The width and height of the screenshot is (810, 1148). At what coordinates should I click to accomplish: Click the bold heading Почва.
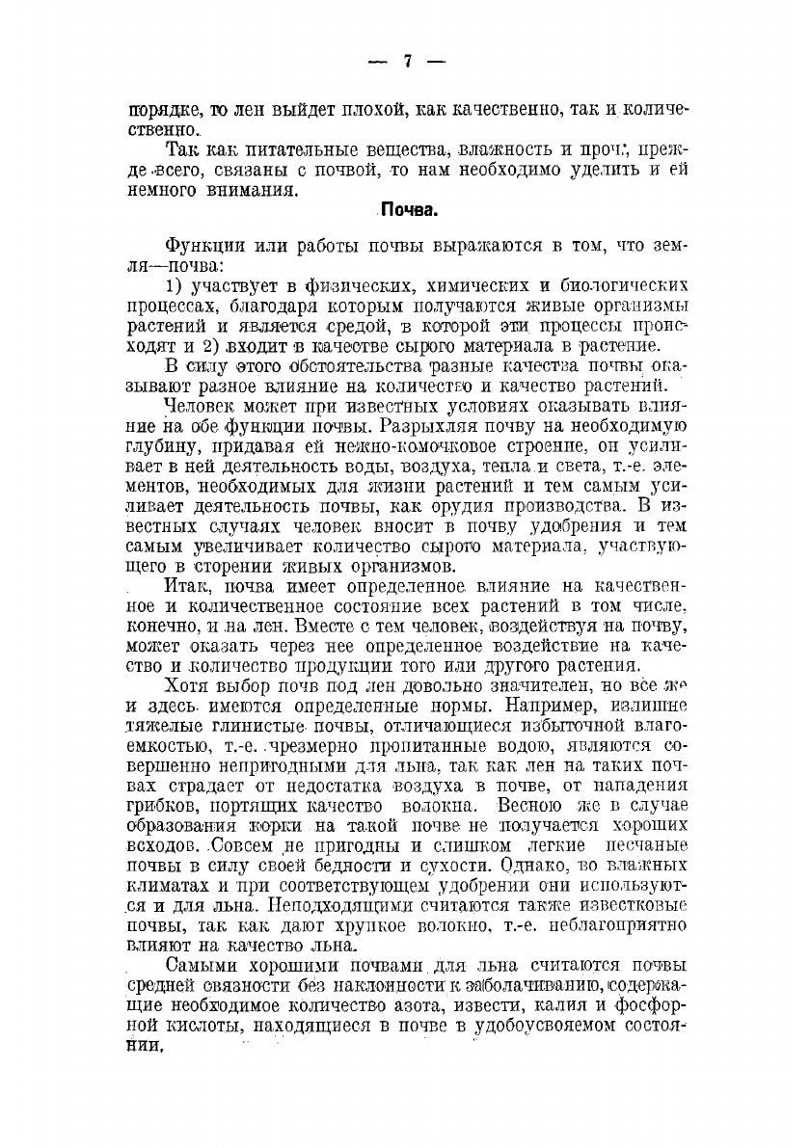[407, 209]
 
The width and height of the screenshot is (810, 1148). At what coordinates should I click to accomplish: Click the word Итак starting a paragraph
[190, 585]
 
